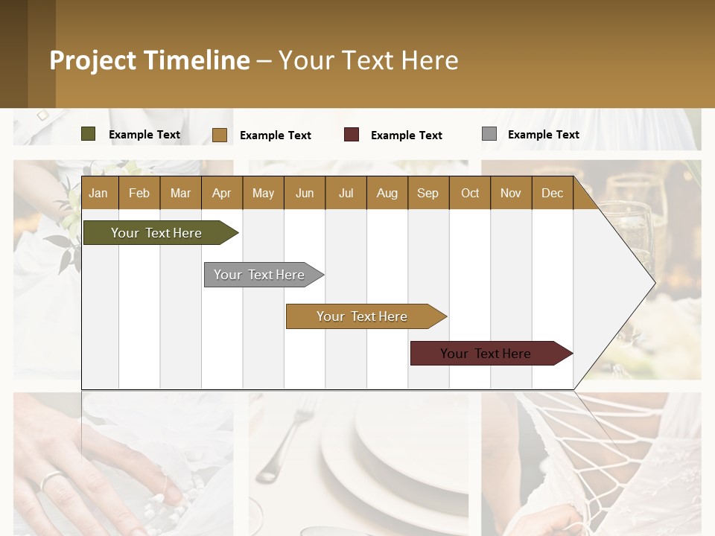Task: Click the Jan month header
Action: point(98,193)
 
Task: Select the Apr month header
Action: point(221,193)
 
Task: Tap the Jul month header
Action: point(346,193)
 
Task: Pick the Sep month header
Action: point(428,193)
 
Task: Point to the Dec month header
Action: point(552,193)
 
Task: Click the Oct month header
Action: point(470,193)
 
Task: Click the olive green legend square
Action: point(89,134)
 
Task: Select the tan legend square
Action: point(220,135)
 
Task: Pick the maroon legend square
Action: point(352,135)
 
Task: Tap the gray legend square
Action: point(489,134)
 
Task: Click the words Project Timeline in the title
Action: point(150,60)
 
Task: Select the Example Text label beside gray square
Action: point(543,135)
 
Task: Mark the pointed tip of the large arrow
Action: point(654,283)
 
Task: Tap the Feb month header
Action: point(139,193)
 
